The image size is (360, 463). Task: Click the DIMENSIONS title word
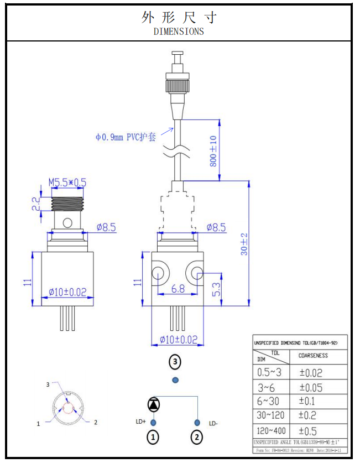[178, 32]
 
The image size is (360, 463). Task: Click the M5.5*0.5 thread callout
[67, 182]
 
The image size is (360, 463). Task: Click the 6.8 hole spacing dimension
[178, 288]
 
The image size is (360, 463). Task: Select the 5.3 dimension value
[217, 289]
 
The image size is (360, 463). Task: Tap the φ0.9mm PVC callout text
[126, 137]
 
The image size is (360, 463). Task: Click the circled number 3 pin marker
[175, 362]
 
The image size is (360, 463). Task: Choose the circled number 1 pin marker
[153, 438]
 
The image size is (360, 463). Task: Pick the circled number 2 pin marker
[197, 438]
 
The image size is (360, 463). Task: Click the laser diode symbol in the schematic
[153, 403]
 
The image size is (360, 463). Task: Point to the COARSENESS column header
[313, 356]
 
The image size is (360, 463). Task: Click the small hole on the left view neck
[67, 223]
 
